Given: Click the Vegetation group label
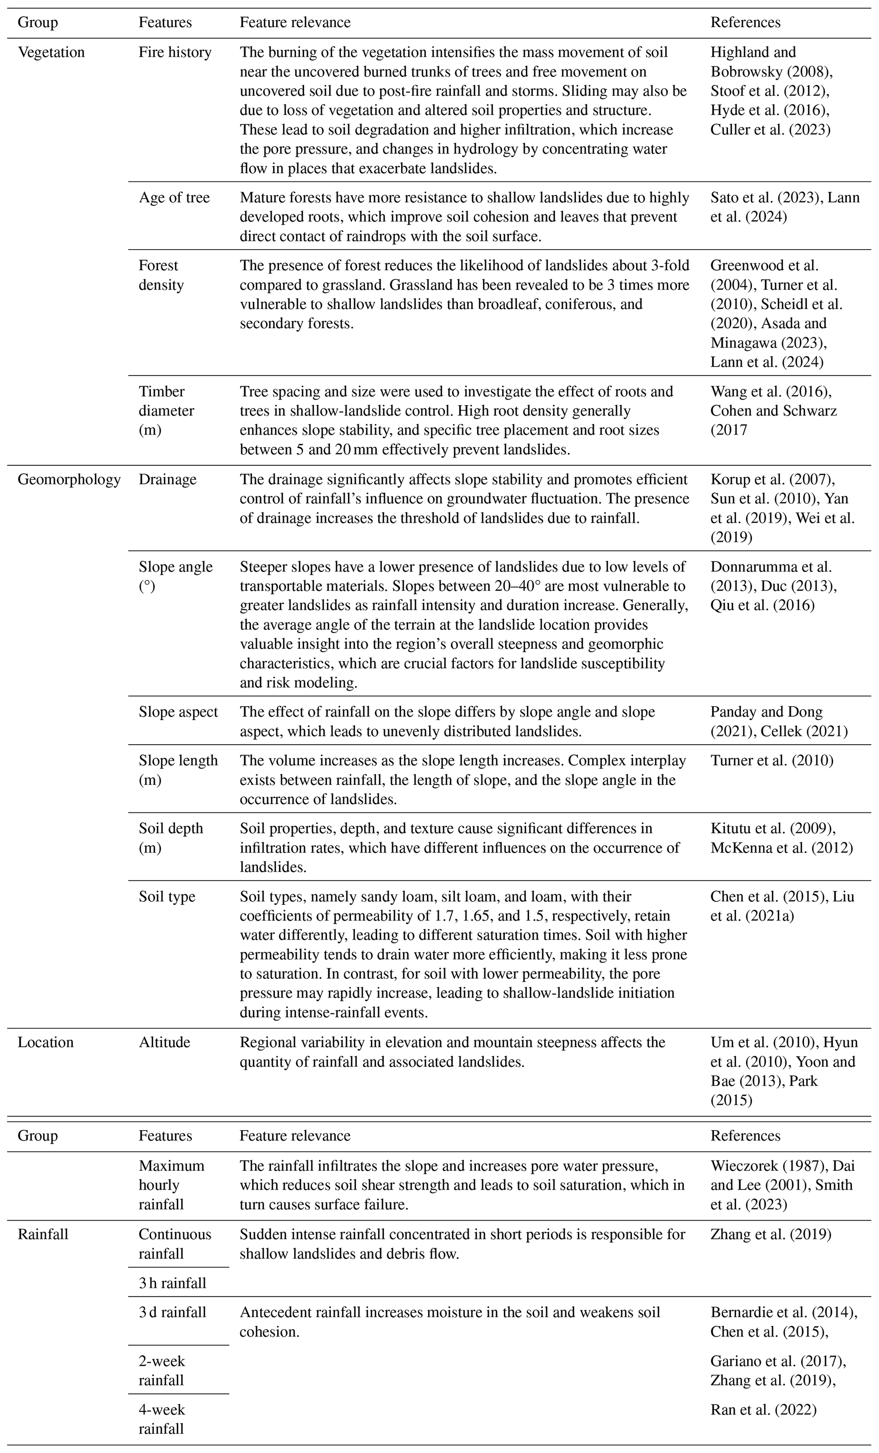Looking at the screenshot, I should coord(51,52).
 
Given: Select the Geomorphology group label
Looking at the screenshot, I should coord(69,479).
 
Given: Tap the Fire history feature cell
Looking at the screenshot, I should coord(175,52).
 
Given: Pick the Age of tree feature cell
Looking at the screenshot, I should coord(174,198).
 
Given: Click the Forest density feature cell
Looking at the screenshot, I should coord(161,276).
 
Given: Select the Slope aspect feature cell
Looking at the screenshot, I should coord(178,712).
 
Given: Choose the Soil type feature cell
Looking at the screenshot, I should coord(167,897).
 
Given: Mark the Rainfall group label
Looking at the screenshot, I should coord(43,1234).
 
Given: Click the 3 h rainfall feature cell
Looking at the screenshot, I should coord(173,1283).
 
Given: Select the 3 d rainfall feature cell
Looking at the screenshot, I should coord(173,1312).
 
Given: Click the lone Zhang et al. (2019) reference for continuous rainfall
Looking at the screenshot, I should coord(771,1234).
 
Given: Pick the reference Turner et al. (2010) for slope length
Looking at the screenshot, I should coord(772,761).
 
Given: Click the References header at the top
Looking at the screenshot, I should coord(745,23).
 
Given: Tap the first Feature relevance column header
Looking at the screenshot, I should coord(295,23).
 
